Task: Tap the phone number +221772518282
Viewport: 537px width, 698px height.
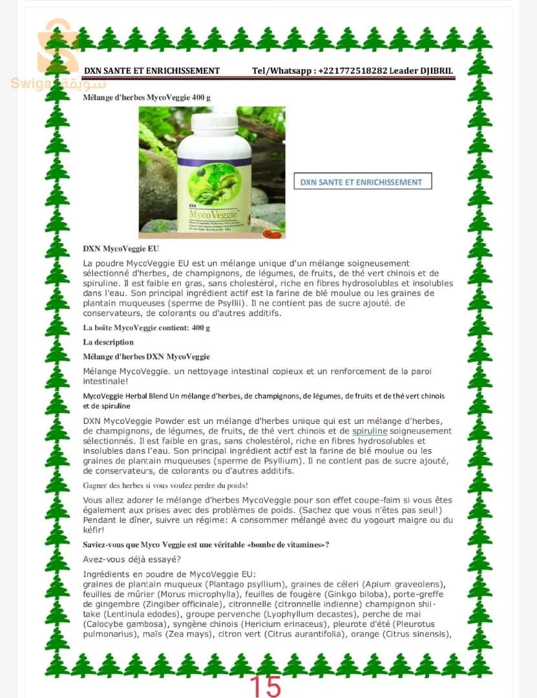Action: [353, 71]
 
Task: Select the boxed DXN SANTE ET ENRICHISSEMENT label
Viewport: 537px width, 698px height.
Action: [362, 182]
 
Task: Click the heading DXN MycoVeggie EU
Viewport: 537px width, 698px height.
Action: [121, 249]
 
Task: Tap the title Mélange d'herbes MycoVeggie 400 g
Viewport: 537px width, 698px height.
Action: [147, 98]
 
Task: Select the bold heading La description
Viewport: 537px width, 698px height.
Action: [109, 343]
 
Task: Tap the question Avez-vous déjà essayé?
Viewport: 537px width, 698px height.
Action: [132, 559]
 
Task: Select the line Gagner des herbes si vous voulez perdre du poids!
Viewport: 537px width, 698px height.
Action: [165, 485]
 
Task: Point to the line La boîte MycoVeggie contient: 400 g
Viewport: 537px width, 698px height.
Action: [147, 328]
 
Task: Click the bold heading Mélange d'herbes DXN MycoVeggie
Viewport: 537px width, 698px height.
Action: [147, 357]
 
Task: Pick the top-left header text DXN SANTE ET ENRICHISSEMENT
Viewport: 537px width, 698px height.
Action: [152, 71]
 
